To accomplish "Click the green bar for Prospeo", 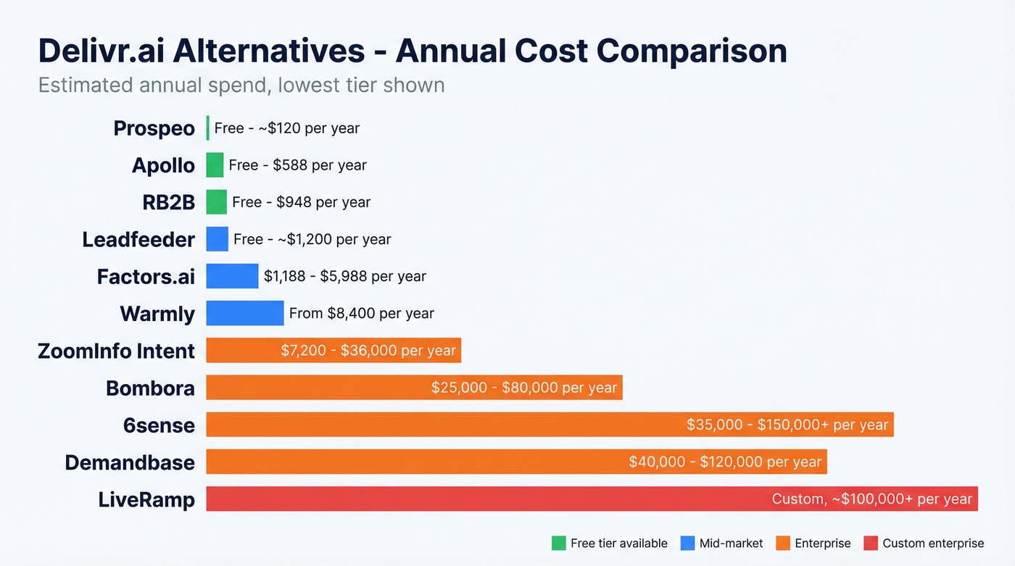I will coord(208,128).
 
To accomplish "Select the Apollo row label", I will coord(163,165).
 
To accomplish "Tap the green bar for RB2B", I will coord(216,202).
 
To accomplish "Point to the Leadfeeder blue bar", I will coord(217,239).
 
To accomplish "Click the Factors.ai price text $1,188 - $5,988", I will coord(344,276).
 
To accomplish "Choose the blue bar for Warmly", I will coord(244,313).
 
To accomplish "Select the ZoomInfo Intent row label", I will coord(116,351).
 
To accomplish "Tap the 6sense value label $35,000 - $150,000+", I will coord(787,425).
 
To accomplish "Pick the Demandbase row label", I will coord(130,462).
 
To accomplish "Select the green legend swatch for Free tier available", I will coord(558,543).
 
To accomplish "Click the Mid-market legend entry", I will coord(731,543).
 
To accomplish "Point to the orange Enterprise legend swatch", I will coord(782,543).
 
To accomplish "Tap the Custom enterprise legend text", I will coord(933,543).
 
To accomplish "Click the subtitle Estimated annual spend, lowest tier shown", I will coord(241,86).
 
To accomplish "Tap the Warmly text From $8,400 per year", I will coord(361,314).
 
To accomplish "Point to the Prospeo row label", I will coord(154,128).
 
